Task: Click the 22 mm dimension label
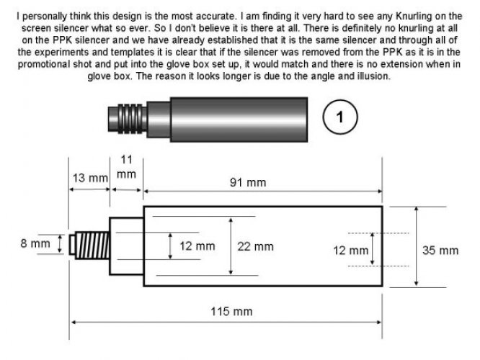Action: click(256, 246)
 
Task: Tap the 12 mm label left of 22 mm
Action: click(197, 246)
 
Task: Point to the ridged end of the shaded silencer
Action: click(122, 117)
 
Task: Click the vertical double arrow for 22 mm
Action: click(231, 246)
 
